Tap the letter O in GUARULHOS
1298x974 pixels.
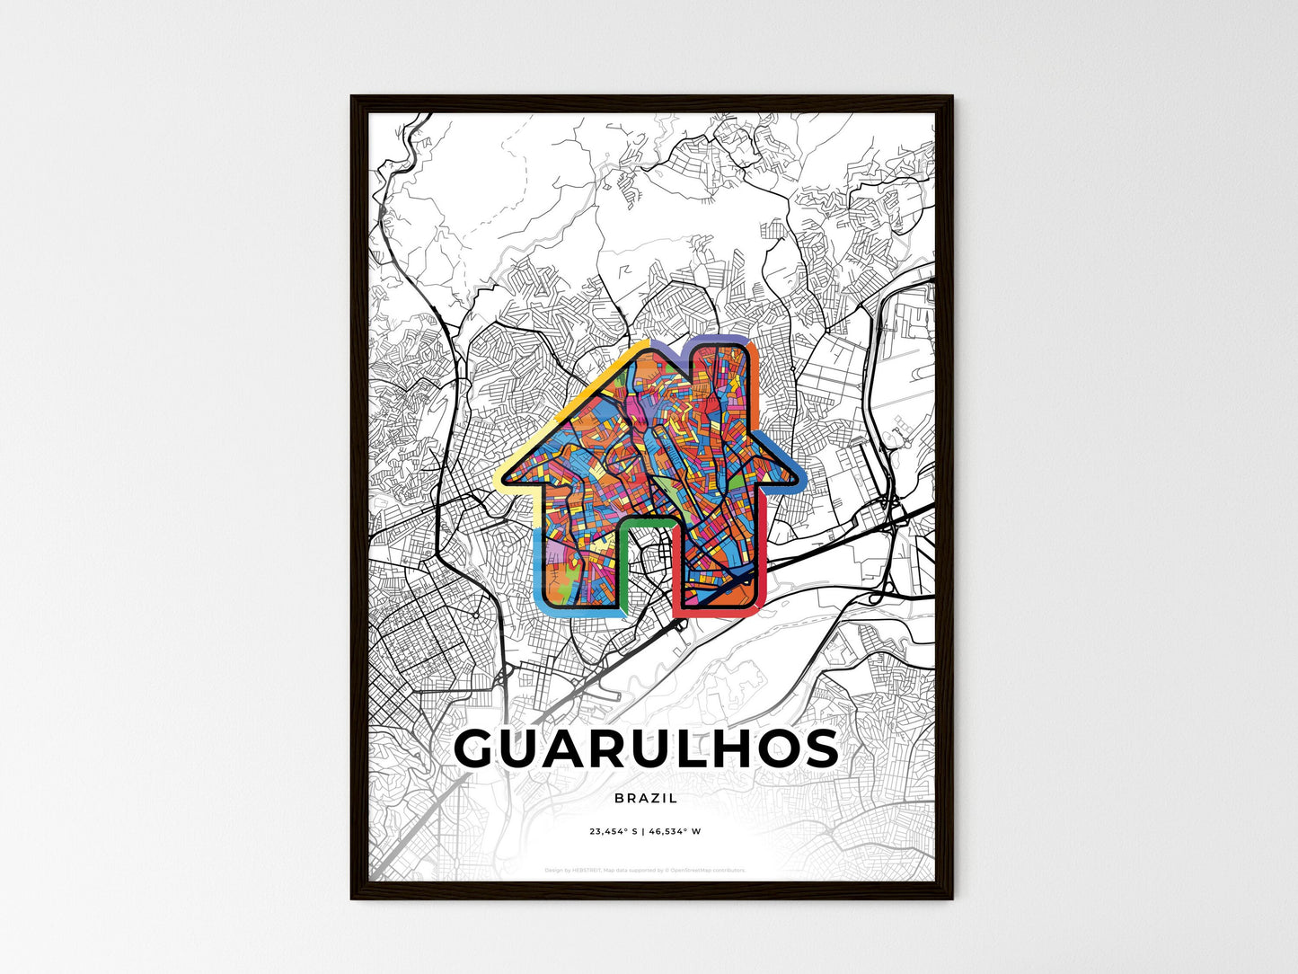[775, 749]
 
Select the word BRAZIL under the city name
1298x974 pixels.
[646, 798]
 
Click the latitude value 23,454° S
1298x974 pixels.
[613, 831]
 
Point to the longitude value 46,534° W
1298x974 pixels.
[675, 831]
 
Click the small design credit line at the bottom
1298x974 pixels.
[645, 870]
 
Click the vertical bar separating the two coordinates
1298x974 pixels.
[643, 831]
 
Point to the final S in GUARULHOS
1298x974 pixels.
[820, 749]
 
